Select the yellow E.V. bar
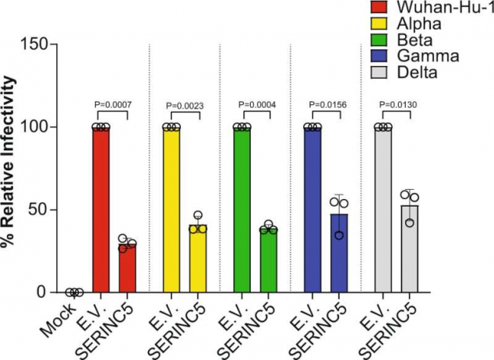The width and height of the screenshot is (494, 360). click(171, 209)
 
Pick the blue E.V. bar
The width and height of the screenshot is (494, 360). click(312, 209)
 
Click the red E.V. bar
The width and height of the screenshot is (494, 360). click(100, 209)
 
